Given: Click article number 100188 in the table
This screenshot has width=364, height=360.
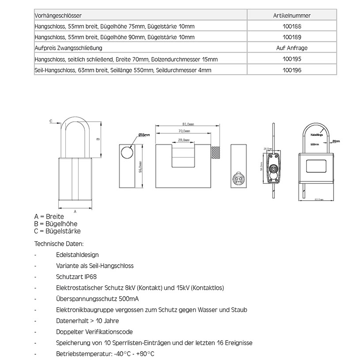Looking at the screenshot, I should click(x=292, y=26).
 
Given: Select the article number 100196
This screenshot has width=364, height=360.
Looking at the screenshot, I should click(x=292, y=70).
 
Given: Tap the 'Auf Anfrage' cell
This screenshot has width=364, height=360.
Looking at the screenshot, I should click(x=292, y=48).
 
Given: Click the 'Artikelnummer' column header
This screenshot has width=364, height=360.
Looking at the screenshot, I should click(x=292, y=15).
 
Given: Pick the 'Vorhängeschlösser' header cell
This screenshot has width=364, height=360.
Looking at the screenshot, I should click(x=58, y=15).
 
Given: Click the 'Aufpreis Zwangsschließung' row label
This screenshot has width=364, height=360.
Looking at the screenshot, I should click(x=68, y=48).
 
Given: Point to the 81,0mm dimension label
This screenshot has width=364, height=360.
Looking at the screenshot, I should click(x=188, y=124).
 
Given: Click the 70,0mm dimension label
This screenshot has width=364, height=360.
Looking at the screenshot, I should click(x=184, y=131).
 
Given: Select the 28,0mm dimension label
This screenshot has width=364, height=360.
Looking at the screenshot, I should click(x=183, y=140).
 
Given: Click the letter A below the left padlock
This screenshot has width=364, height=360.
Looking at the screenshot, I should click(x=75, y=211).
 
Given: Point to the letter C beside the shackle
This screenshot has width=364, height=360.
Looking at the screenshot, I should click(x=51, y=120).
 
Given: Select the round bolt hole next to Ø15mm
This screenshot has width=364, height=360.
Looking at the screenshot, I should click(x=127, y=151).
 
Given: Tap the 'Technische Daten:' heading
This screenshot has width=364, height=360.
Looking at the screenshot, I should click(x=58, y=244).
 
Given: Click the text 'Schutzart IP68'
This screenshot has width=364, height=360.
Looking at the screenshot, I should click(x=76, y=277).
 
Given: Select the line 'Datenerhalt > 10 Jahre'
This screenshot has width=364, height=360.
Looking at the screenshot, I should click(x=87, y=321).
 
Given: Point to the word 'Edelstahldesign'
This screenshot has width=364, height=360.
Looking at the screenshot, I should click(x=77, y=255).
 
